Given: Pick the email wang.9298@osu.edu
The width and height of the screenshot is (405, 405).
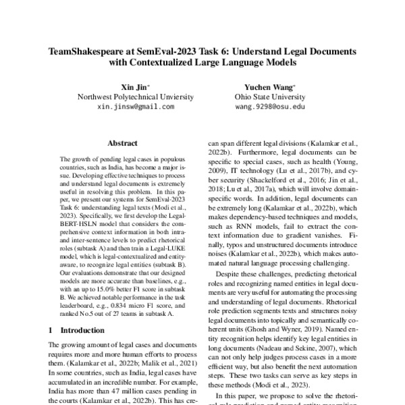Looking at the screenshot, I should [x=270, y=107].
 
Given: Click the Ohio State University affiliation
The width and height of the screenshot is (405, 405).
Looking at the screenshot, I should [x=270, y=97].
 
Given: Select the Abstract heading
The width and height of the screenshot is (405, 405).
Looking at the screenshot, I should [x=124, y=143].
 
